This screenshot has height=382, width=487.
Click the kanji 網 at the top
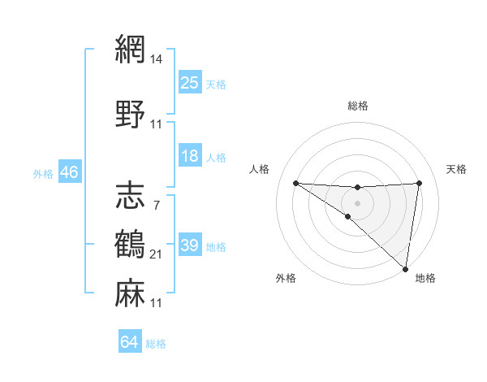130,50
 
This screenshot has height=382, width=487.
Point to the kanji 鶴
130,245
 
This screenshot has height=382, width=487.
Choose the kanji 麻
130,293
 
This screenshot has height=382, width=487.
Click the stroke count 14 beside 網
157,60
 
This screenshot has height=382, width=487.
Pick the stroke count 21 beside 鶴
157,254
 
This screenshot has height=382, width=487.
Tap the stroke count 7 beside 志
156,205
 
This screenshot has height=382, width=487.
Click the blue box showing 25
190,83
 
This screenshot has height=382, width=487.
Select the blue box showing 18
190,156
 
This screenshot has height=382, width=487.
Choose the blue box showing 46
69,172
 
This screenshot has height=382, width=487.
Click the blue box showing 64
130,342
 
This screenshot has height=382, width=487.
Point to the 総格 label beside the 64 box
156,344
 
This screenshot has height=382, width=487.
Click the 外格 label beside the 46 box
42,173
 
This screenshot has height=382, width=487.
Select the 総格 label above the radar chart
358,106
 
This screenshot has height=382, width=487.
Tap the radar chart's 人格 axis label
260,169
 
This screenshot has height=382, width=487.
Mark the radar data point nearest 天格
420,183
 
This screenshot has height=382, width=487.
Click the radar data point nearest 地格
406,268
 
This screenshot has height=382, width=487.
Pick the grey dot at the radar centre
357,201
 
